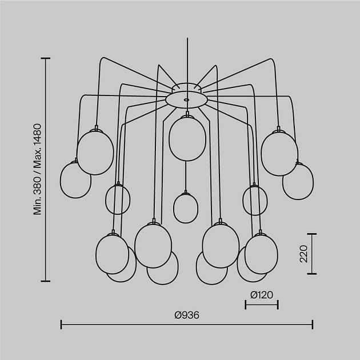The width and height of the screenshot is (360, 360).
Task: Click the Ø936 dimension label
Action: [x=187, y=315]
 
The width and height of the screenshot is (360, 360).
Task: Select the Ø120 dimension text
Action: [x=262, y=295]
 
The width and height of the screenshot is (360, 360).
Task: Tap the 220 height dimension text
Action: [x=303, y=254]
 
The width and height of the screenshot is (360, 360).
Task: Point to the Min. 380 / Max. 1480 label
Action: [x=37, y=170]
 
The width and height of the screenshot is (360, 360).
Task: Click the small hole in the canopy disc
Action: [x=186, y=100]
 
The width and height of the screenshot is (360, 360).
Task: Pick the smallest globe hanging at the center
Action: [x=186, y=208]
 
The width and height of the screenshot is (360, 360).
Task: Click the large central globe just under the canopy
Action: [x=187, y=138]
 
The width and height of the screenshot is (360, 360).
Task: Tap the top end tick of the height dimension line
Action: [x=46, y=58]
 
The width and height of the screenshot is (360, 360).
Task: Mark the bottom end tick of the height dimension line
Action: [x=46, y=281]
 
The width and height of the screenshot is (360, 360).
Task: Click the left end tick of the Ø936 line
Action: [x=61, y=325]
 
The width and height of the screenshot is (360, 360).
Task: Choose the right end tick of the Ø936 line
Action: [x=313, y=325]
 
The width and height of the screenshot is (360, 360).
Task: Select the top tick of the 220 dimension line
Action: [x=312, y=234]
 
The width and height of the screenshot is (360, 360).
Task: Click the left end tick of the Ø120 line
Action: [x=246, y=305]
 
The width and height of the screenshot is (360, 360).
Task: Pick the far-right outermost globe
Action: [x=298, y=181]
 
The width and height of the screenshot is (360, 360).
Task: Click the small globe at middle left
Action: [x=118, y=200]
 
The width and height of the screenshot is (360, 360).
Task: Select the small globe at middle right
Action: [x=255, y=200]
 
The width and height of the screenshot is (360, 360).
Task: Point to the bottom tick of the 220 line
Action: [x=312, y=274]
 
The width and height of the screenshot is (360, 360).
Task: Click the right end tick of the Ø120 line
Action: [x=278, y=305]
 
